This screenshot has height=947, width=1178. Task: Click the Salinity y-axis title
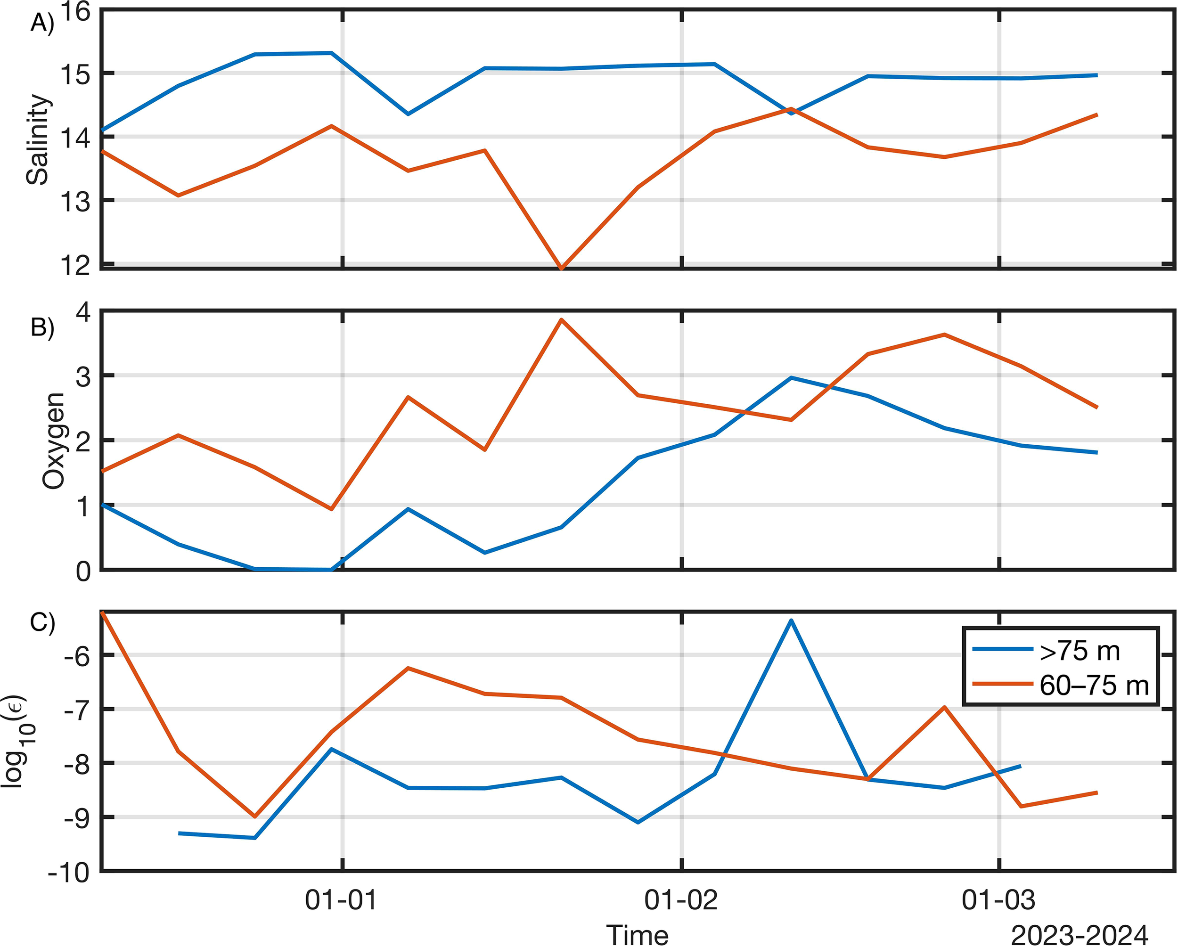point(38,139)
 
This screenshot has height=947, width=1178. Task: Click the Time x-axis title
point(637,935)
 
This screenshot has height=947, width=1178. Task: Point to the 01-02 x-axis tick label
point(681,899)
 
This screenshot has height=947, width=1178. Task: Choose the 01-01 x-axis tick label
point(342,899)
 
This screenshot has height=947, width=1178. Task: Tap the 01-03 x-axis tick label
point(998,899)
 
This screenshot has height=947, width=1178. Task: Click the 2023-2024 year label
point(1079,935)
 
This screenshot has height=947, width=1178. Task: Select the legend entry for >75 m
point(1080,651)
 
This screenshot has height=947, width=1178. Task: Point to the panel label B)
point(42,327)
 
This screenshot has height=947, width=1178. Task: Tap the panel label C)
point(42,622)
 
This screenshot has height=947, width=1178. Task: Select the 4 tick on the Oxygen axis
point(83,312)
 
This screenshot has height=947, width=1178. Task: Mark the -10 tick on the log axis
point(69,873)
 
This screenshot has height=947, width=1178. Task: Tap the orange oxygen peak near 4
point(561,320)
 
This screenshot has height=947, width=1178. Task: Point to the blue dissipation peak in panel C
point(791,621)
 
